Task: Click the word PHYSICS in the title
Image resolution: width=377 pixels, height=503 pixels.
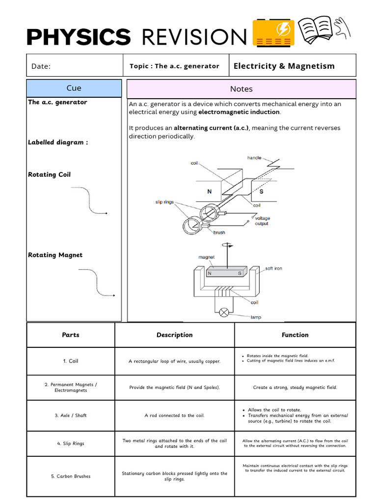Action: point(79,37)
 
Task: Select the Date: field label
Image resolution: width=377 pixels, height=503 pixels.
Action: point(41,66)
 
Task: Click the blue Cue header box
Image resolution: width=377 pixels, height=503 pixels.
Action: point(74,88)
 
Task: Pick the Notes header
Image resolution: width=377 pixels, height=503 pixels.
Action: point(241,89)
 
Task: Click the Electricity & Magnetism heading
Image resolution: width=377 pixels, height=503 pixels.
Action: point(284,66)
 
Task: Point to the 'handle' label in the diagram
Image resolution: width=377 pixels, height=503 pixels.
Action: point(254,158)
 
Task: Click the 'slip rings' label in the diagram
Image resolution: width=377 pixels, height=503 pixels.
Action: point(164,202)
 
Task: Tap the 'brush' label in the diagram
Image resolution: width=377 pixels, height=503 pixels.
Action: point(219,232)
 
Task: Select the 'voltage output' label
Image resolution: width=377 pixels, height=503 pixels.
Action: point(262,221)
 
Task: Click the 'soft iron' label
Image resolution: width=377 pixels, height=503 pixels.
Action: point(273,268)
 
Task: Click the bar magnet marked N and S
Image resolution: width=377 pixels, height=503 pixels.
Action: point(225,273)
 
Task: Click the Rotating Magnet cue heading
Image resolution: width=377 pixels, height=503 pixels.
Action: point(55,255)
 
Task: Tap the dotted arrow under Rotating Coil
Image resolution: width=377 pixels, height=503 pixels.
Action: point(89,200)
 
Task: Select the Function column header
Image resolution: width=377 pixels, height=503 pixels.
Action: point(295,335)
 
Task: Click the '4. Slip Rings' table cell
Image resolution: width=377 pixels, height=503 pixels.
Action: point(71,444)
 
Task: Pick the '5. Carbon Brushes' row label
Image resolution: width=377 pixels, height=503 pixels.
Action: point(71,476)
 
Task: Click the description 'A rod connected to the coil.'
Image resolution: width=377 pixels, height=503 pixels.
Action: point(174,416)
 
